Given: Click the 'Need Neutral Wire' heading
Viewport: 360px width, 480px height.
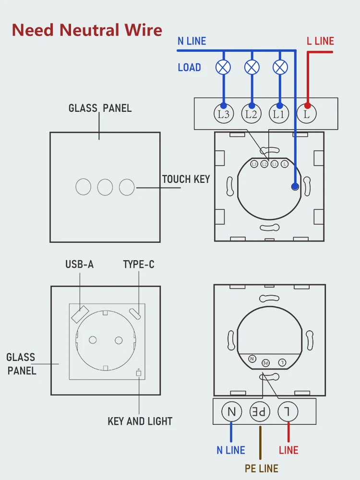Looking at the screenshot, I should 87,30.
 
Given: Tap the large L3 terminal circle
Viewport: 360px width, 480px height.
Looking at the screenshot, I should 223,114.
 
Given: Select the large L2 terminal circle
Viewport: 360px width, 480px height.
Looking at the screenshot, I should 251,114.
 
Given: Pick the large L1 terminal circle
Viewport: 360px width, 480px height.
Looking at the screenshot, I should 279,114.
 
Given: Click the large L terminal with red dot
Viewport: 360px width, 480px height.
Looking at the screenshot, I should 307,114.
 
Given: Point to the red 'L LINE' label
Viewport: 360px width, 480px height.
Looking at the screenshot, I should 320,41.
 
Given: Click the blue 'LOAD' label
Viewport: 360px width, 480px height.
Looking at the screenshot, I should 189,68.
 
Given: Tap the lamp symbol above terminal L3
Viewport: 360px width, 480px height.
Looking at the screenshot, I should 223,67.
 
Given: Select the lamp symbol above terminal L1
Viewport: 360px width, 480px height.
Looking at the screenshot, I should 280,67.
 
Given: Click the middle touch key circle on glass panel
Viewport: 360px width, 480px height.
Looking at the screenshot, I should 105,187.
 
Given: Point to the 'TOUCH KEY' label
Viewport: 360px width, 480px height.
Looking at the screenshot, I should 186,180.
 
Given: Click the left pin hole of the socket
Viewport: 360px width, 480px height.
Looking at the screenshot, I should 92,340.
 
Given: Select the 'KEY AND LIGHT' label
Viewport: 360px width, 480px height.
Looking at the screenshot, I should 140,421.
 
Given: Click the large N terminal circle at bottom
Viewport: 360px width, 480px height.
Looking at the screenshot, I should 232,411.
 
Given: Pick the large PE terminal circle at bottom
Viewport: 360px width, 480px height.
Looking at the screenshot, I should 260,411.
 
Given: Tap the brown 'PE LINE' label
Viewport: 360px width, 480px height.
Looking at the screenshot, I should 262,468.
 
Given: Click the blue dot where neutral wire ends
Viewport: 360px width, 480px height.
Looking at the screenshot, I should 295,187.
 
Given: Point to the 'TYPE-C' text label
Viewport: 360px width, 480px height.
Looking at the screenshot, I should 139,264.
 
